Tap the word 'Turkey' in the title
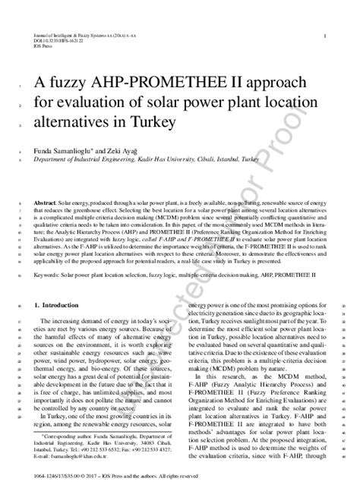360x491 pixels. pos(153,121)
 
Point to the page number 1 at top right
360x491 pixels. pos(325,36)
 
